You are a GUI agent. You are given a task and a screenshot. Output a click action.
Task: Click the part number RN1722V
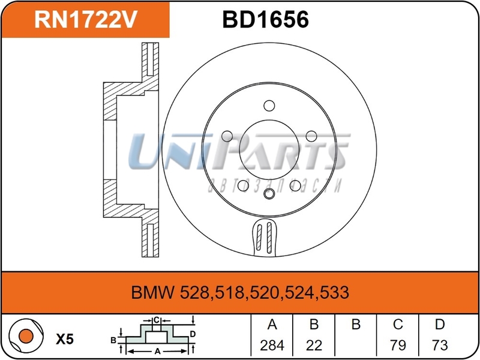pyautogui.click(x=86, y=20)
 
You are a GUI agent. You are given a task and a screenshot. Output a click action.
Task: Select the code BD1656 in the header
pyautogui.click(x=265, y=20)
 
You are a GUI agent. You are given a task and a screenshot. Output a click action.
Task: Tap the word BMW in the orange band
pyautogui.click(x=153, y=293)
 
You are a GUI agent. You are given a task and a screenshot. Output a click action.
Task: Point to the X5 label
pyautogui.click(x=65, y=339)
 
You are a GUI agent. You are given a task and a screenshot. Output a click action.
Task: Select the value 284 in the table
pyautogui.click(x=272, y=345)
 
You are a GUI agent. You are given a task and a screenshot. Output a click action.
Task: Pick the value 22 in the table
pyautogui.click(x=314, y=345)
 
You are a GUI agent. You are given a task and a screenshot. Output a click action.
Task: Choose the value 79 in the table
pyautogui.click(x=398, y=345)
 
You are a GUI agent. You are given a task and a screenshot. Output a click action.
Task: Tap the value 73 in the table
pyautogui.click(x=440, y=345)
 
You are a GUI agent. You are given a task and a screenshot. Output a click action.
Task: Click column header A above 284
pyautogui.click(x=272, y=325)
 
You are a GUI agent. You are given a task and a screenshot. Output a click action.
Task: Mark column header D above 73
pyautogui.click(x=440, y=325)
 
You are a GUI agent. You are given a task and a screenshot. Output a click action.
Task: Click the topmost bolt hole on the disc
pyautogui.click(x=268, y=106)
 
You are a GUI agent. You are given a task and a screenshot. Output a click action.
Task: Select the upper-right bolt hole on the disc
pyautogui.click(x=311, y=136)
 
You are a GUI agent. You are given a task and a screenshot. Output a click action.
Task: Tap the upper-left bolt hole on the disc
pyautogui.click(x=226, y=136)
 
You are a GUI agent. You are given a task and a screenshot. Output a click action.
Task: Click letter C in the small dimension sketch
pyautogui.click(x=155, y=320)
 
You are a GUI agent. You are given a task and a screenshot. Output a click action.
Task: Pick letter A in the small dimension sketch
pyautogui.click(x=157, y=352)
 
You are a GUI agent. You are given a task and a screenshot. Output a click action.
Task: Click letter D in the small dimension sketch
pyautogui.click(x=192, y=334)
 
